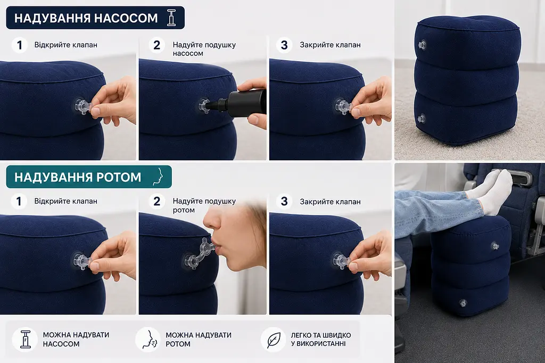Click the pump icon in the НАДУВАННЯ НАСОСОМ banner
point(171,18)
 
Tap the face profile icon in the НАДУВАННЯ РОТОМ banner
point(158,177)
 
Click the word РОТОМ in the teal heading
point(119,177)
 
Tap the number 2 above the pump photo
point(157,45)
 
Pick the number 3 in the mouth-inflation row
point(284,201)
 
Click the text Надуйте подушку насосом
point(204,49)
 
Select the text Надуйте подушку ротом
point(204,205)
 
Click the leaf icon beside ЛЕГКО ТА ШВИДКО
point(274,340)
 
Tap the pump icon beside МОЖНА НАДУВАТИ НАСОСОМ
point(25,340)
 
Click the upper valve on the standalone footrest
point(422,45)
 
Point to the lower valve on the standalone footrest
point(422,118)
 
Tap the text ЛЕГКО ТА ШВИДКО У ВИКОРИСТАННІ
point(321,340)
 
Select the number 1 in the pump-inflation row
point(20,45)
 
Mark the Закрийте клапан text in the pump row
point(330,45)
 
